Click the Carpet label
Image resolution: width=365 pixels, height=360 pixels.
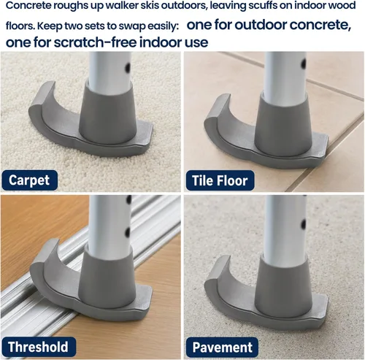point(29,180)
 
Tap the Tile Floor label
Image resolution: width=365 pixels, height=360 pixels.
point(220,180)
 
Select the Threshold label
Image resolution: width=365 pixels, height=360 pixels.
point(39,347)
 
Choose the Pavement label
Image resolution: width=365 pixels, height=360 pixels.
point(222,347)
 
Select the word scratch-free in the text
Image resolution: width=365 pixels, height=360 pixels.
point(96,42)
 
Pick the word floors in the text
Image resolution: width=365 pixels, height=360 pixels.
point(20,26)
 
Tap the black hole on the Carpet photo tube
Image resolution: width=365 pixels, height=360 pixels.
point(127,67)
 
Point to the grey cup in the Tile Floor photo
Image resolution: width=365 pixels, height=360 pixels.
point(283,125)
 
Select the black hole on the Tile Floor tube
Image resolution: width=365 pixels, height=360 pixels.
point(304,64)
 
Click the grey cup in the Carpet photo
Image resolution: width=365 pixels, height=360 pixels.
point(107,112)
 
